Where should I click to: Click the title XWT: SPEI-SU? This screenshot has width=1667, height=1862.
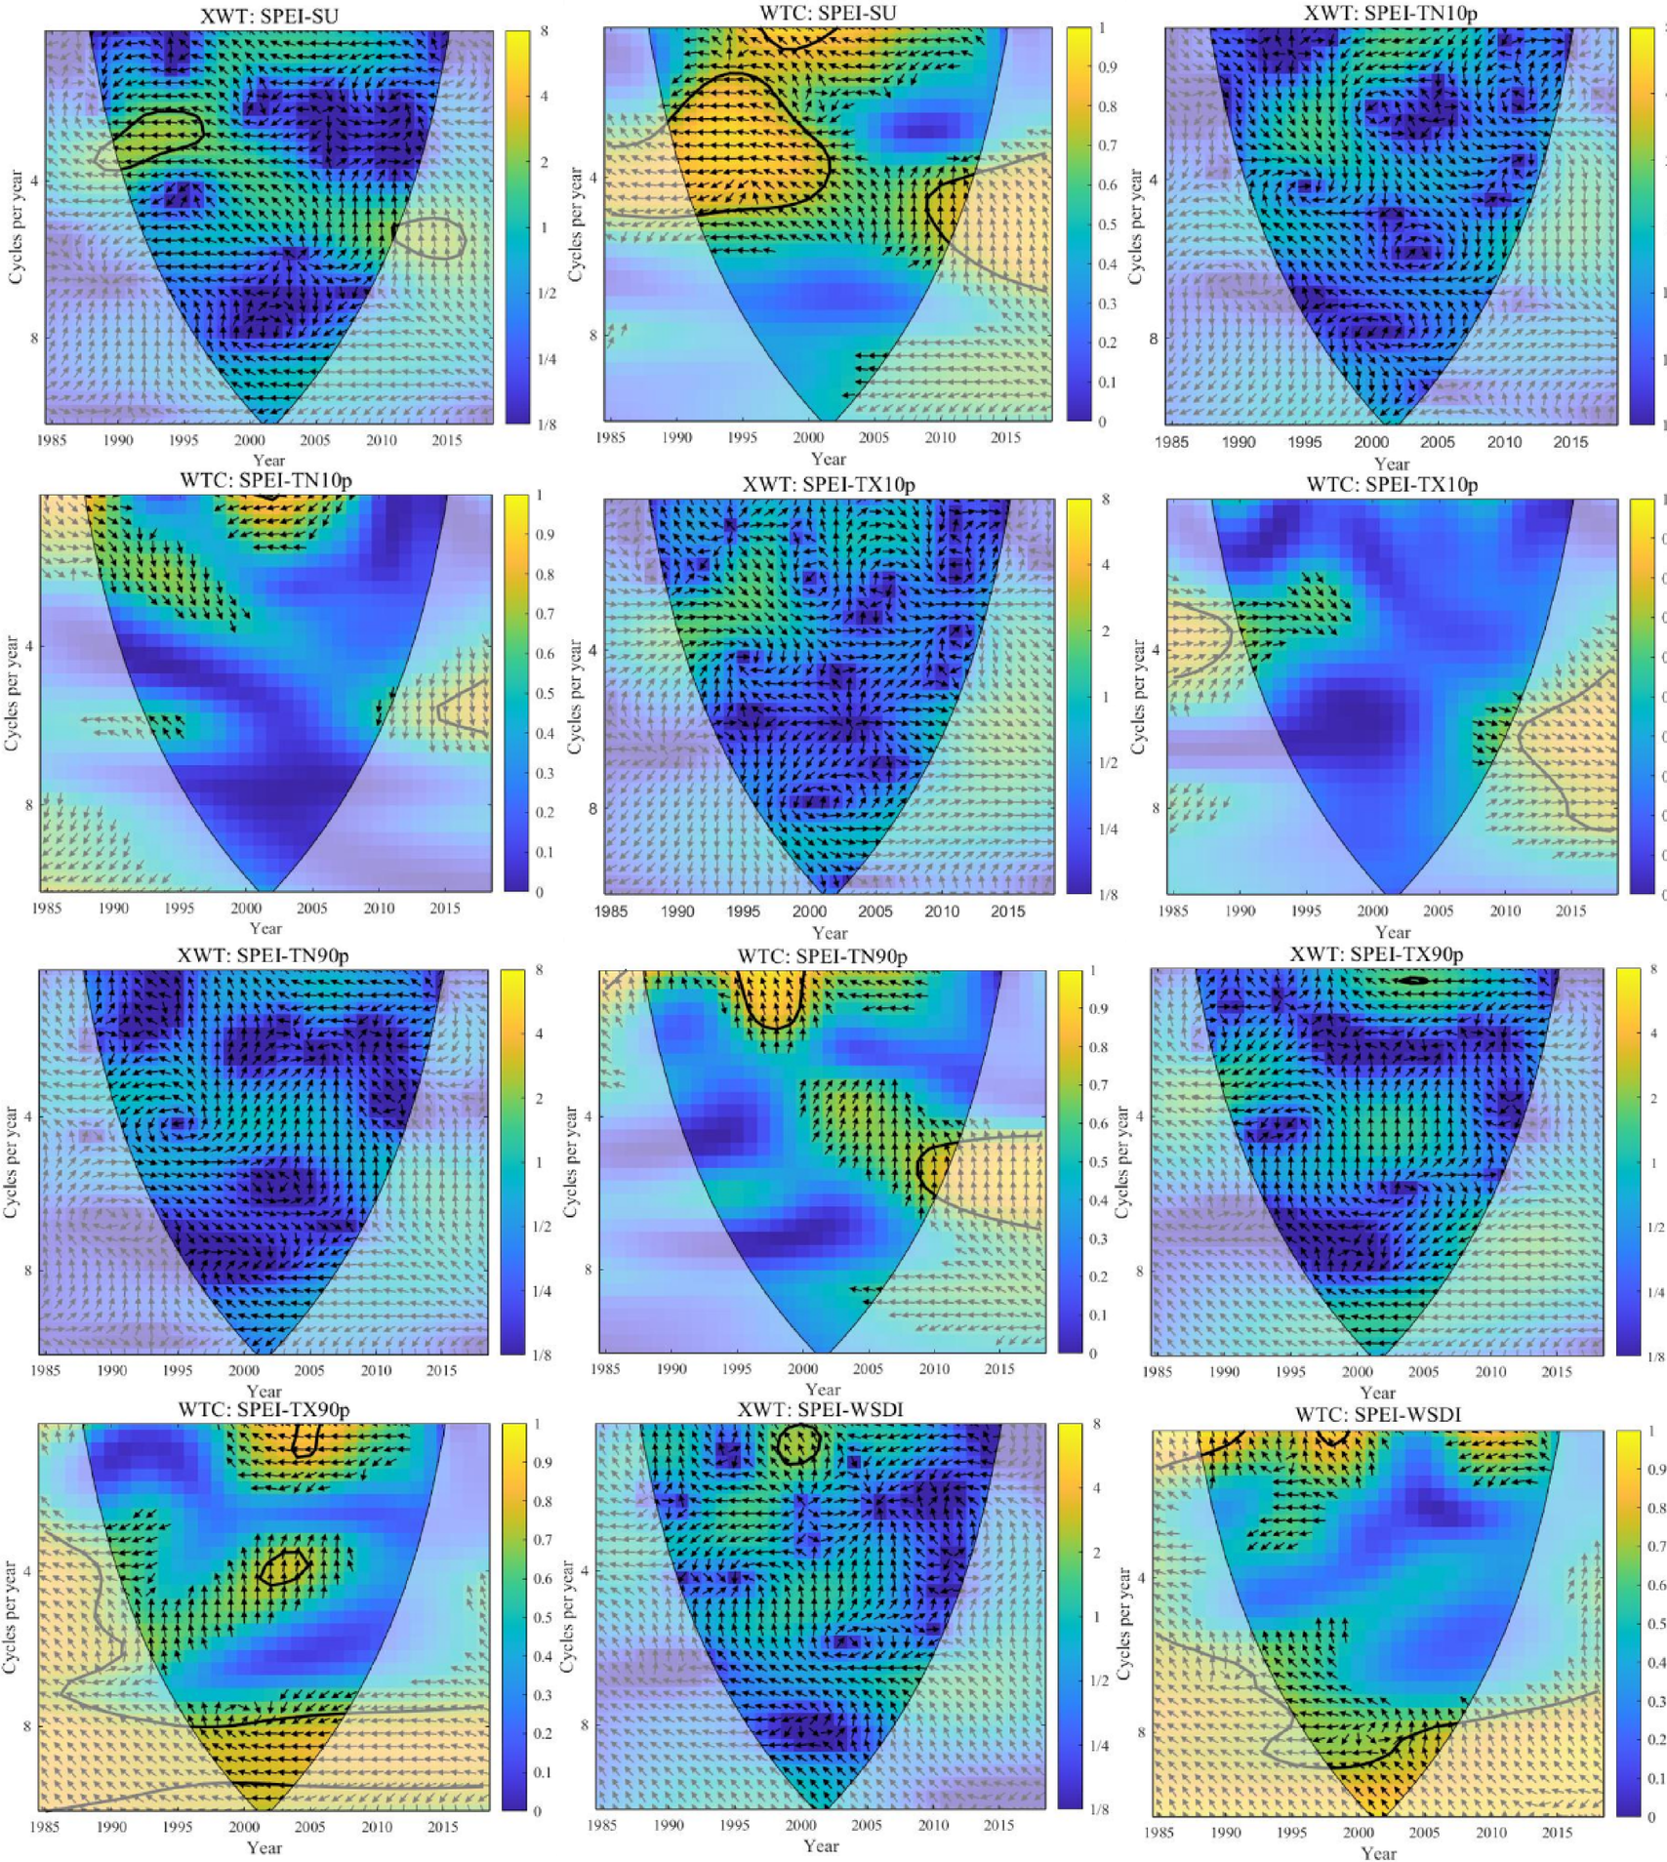pos(269,17)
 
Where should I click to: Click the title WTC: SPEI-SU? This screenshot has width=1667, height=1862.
pos(828,13)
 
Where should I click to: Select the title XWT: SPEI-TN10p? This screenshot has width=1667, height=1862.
pos(1390,14)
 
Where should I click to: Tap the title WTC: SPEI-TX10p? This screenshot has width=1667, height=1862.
pos(1392,485)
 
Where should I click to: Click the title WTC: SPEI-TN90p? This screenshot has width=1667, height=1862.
pos(822,957)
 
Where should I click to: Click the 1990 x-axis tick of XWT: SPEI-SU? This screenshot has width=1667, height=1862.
pos(118,440)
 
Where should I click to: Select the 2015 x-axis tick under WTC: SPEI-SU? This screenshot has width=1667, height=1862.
pos(1005,438)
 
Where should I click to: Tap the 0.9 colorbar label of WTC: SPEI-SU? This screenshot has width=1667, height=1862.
pos(1106,67)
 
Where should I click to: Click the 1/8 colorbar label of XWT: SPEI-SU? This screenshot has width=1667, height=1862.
pos(547,425)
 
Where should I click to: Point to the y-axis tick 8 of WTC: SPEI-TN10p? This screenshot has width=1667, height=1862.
pos(27,805)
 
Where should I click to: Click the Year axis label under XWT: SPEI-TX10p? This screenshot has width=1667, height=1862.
pos(829,932)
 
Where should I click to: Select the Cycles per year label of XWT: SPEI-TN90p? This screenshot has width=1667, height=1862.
pos(12,1161)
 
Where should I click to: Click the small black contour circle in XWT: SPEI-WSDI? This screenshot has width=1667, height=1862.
pos(797,1444)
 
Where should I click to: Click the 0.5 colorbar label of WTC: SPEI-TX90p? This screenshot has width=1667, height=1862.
pos(542,1617)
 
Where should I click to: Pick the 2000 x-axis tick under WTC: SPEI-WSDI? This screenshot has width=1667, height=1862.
pos(1359,1832)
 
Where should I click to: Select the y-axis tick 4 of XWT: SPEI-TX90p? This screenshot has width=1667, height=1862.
pos(1139,1116)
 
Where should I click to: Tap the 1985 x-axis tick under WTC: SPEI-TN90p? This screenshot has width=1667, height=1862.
pos(605,1369)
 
